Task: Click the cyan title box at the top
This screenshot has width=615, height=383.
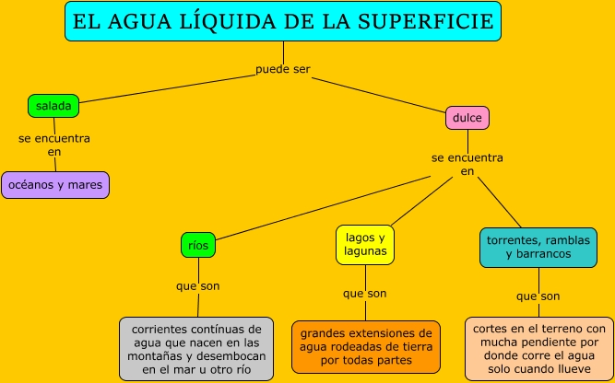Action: click(x=283, y=21)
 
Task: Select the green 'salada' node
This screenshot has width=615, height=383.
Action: click(x=53, y=106)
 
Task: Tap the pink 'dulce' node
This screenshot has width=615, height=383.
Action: click(x=467, y=118)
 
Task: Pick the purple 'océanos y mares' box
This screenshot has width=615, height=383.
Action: click(x=55, y=185)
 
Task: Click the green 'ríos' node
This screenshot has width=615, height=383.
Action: click(x=198, y=245)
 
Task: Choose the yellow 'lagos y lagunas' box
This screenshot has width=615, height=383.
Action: click(x=365, y=243)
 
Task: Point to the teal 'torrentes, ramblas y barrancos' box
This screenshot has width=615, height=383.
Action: click(x=538, y=246)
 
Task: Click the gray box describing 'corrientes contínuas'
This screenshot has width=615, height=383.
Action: click(x=196, y=349)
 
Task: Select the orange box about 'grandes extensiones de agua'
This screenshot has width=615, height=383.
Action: click(x=365, y=346)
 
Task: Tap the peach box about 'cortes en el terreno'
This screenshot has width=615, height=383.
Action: click(x=538, y=349)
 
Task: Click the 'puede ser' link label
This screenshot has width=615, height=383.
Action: click(x=283, y=69)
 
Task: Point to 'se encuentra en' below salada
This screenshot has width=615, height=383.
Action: click(x=54, y=145)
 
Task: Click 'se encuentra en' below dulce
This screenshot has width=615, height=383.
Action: click(x=467, y=164)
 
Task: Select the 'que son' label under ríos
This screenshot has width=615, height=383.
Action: click(x=198, y=285)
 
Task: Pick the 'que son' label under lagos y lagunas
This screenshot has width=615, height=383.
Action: click(x=365, y=294)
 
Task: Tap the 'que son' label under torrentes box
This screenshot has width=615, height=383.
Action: click(x=538, y=296)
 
